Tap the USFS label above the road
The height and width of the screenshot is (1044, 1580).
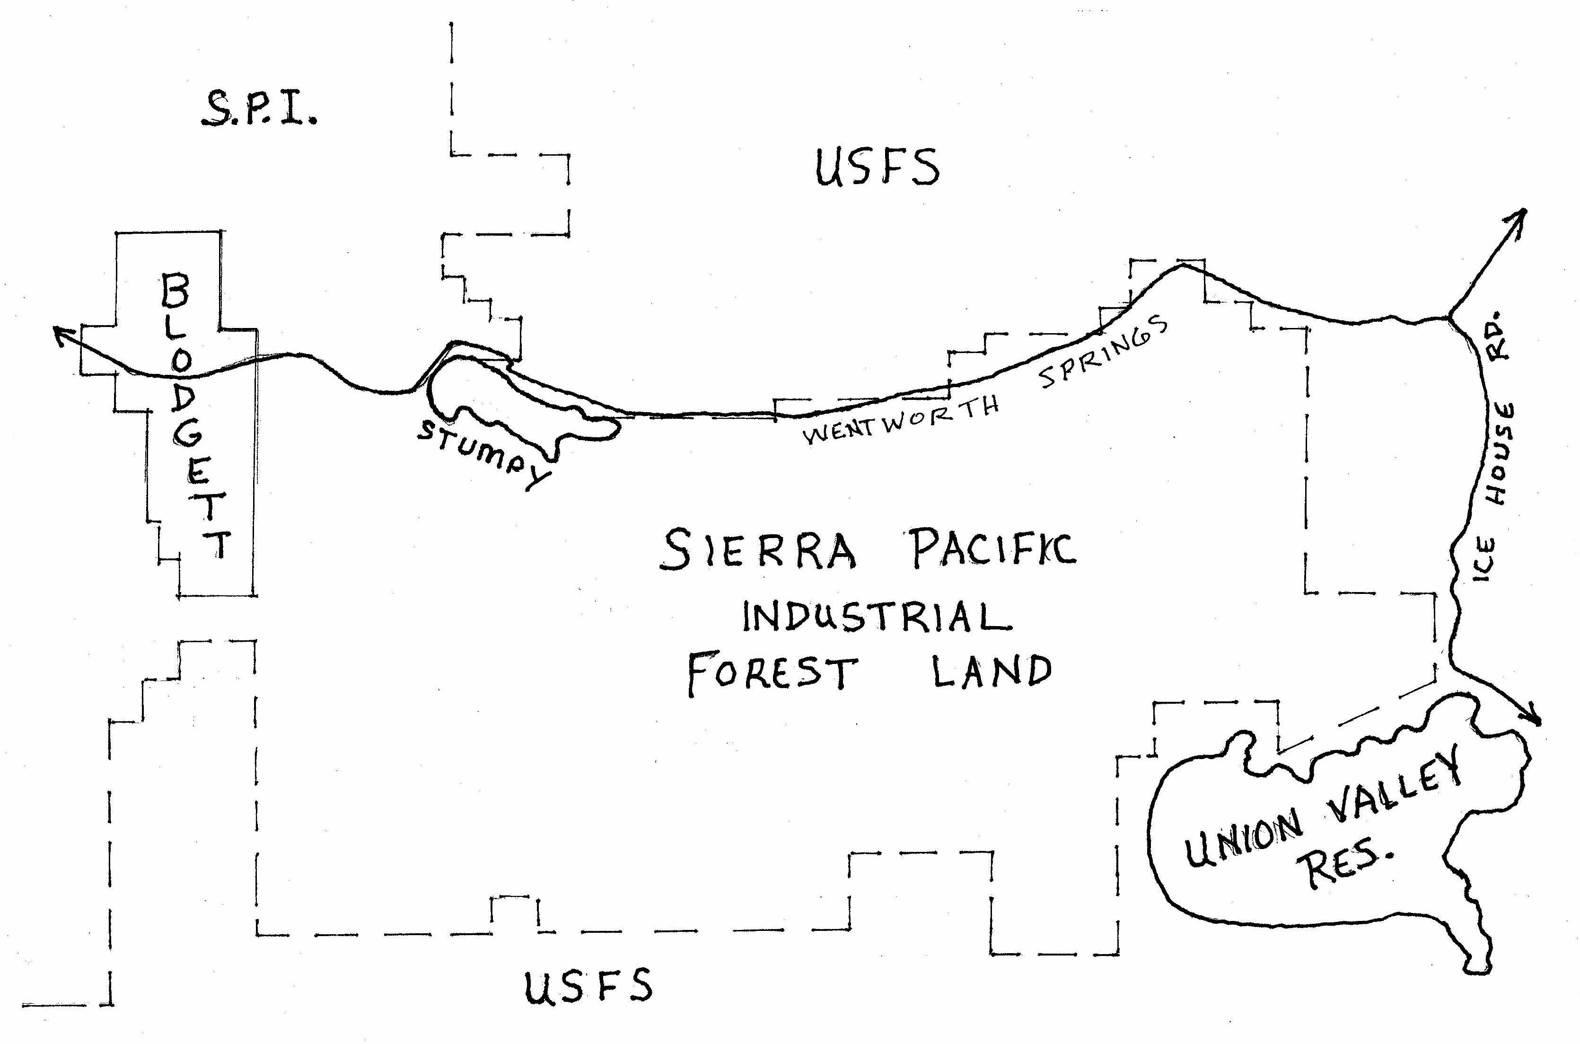click(x=877, y=168)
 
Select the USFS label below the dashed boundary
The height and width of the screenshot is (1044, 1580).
click(x=588, y=986)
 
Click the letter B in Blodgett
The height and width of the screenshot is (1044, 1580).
click(x=175, y=291)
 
